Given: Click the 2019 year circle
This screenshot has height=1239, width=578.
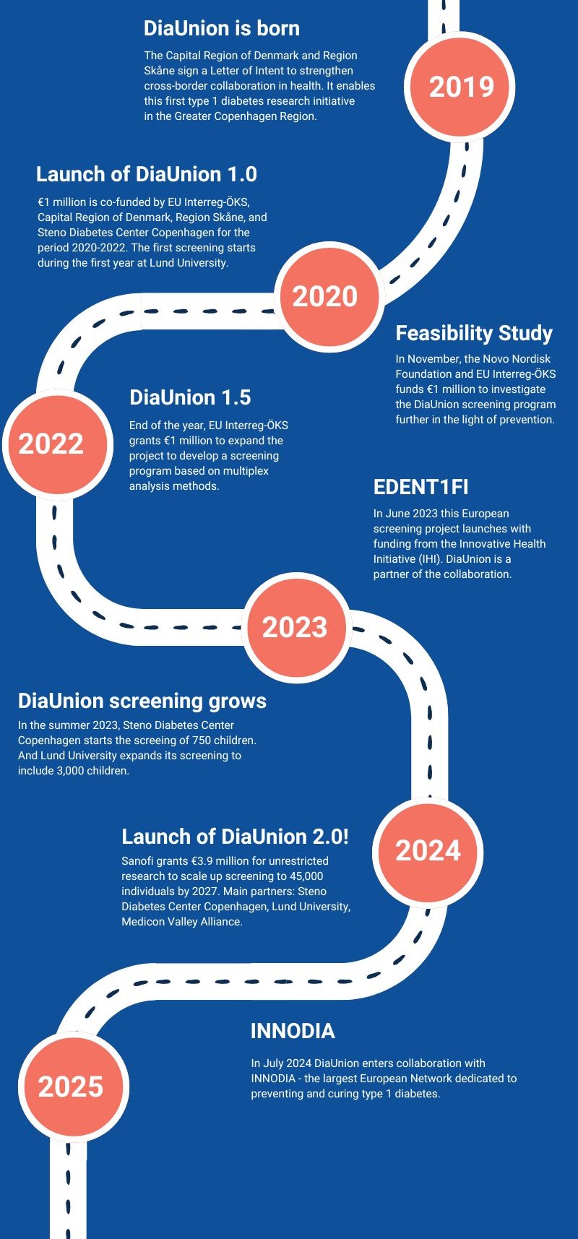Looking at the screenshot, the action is [x=461, y=87].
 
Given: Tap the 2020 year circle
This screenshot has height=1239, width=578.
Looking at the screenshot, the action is [x=325, y=296].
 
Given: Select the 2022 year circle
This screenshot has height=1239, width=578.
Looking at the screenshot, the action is [x=51, y=444].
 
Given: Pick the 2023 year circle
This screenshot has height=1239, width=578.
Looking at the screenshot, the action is [x=295, y=627].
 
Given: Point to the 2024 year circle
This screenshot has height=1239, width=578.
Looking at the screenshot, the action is [x=428, y=850].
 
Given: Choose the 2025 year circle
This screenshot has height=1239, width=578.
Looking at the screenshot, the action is [x=71, y=1087].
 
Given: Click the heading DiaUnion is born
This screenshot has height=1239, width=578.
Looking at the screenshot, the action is [x=222, y=28].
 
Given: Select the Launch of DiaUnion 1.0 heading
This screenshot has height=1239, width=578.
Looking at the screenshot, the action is [x=147, y=174].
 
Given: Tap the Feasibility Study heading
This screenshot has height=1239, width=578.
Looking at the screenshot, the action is [x=474, y=333].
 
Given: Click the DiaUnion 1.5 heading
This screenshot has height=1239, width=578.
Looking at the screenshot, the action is [x=190, y=397].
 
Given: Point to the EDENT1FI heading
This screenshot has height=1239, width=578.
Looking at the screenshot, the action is [x=421, y=487].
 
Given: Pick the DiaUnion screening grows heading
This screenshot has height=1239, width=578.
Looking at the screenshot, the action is [x=142, y=701].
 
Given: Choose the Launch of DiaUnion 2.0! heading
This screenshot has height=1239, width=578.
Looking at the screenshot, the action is [x=235, y=837].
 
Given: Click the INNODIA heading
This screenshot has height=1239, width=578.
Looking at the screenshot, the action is [x=293, y=1031].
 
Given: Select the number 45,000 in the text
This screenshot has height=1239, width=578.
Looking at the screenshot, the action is [x=306, y=876].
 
